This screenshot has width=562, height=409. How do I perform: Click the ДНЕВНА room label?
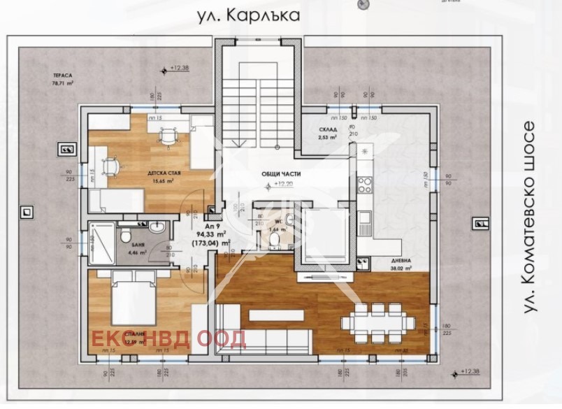click(401, 260)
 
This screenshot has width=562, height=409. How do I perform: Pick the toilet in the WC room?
click(275, 240)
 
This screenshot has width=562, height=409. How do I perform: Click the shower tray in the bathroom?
click(102, 243)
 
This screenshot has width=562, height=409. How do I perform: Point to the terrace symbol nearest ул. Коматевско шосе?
click(481, 223)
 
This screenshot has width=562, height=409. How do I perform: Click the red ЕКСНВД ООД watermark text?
click(171, 338)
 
